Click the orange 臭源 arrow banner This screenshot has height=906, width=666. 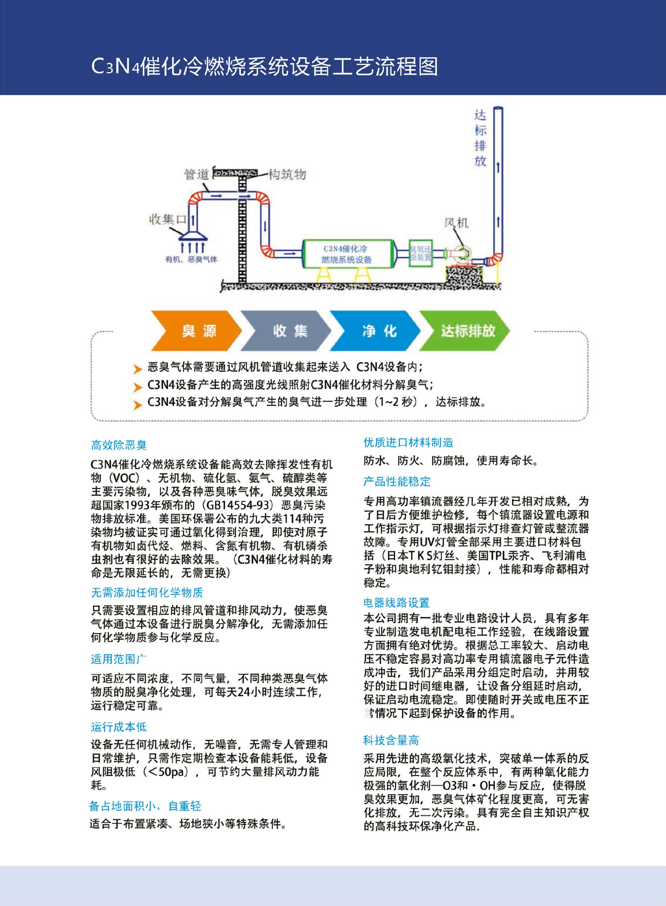tap(196, 331)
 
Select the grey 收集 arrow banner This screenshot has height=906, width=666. tap(287, 331)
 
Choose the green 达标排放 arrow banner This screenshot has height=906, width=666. tap(466, 331)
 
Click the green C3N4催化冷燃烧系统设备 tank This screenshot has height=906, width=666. tap(347, 254)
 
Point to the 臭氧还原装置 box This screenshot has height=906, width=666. tap(420, 253)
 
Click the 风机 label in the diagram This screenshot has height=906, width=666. tap(456, 223)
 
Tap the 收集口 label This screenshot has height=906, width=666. tap(167, 219)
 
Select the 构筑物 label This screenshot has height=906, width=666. tap(287, 174)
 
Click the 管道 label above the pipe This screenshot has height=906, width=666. tap(196, 174)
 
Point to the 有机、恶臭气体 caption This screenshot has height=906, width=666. tap(191, 259)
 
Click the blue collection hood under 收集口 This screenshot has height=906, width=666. tap(193, 236)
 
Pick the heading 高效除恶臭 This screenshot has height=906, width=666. tap(118, 445)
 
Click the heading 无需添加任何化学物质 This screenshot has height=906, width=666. tap(147, 592)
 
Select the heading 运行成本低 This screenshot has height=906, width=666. tap(118, 727)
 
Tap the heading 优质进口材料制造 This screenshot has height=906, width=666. tap(408, 442)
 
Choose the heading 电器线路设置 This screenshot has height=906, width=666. tap(396, 602)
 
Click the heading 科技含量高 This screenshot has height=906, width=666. tap(391, 740)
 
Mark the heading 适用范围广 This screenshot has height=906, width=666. tap(118, 659)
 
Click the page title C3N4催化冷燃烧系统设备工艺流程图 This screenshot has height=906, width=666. tap(265, 67)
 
